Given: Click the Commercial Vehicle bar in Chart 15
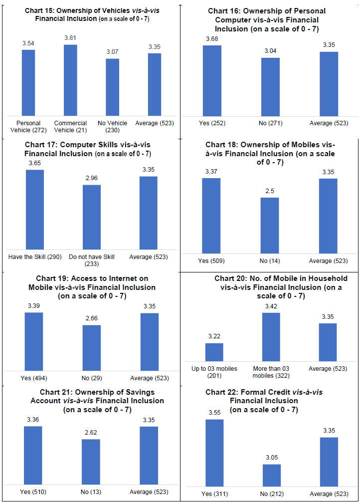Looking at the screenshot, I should coord(70,80).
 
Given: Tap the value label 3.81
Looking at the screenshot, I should coord(70,37).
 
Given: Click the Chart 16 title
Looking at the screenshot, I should coord(267,19).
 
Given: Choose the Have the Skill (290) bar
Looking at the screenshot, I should coord(34,210).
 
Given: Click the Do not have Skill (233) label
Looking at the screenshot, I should coord(92,257).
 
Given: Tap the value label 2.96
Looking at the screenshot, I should coord(91,178).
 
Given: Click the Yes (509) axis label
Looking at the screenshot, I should coord(211,261).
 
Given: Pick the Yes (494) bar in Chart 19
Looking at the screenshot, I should coord(34,341).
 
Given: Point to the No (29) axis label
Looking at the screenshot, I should coord(91,378).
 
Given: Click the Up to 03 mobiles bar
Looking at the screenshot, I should coord(214,352).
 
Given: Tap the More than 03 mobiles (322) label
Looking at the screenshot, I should coord(271,372).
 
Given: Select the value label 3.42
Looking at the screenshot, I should coord(271,306).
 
